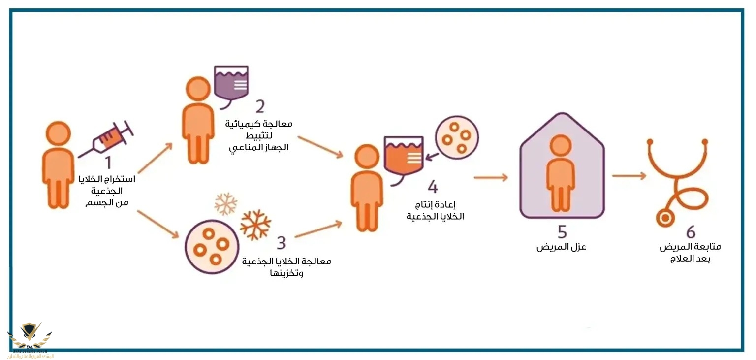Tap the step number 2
coord(259,106)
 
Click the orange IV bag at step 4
coord(403,155)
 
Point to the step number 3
coord(281,242)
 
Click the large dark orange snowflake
coord(255,225)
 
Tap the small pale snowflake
coord(225,204)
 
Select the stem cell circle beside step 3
coord(212,247)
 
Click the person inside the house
coord(561,172)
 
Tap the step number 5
coord(562,231)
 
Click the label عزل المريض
coord(561,247)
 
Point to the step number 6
coord(691,232)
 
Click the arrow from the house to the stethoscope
coord(629,176)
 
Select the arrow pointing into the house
coord(491,177)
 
